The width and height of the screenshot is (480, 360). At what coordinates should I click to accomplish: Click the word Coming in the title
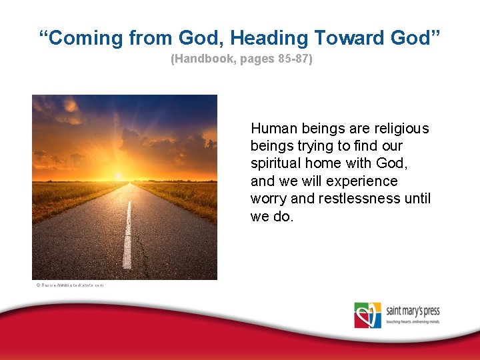tap(87, 38)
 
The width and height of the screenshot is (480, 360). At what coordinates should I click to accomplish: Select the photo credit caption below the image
tap(70, 285)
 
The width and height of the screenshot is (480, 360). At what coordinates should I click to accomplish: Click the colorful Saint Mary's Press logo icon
tap(367, 315)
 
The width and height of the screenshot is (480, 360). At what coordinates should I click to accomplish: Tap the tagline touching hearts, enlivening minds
tap(413, 321)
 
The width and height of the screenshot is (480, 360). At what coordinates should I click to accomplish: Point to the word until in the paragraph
tap(416, 199)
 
